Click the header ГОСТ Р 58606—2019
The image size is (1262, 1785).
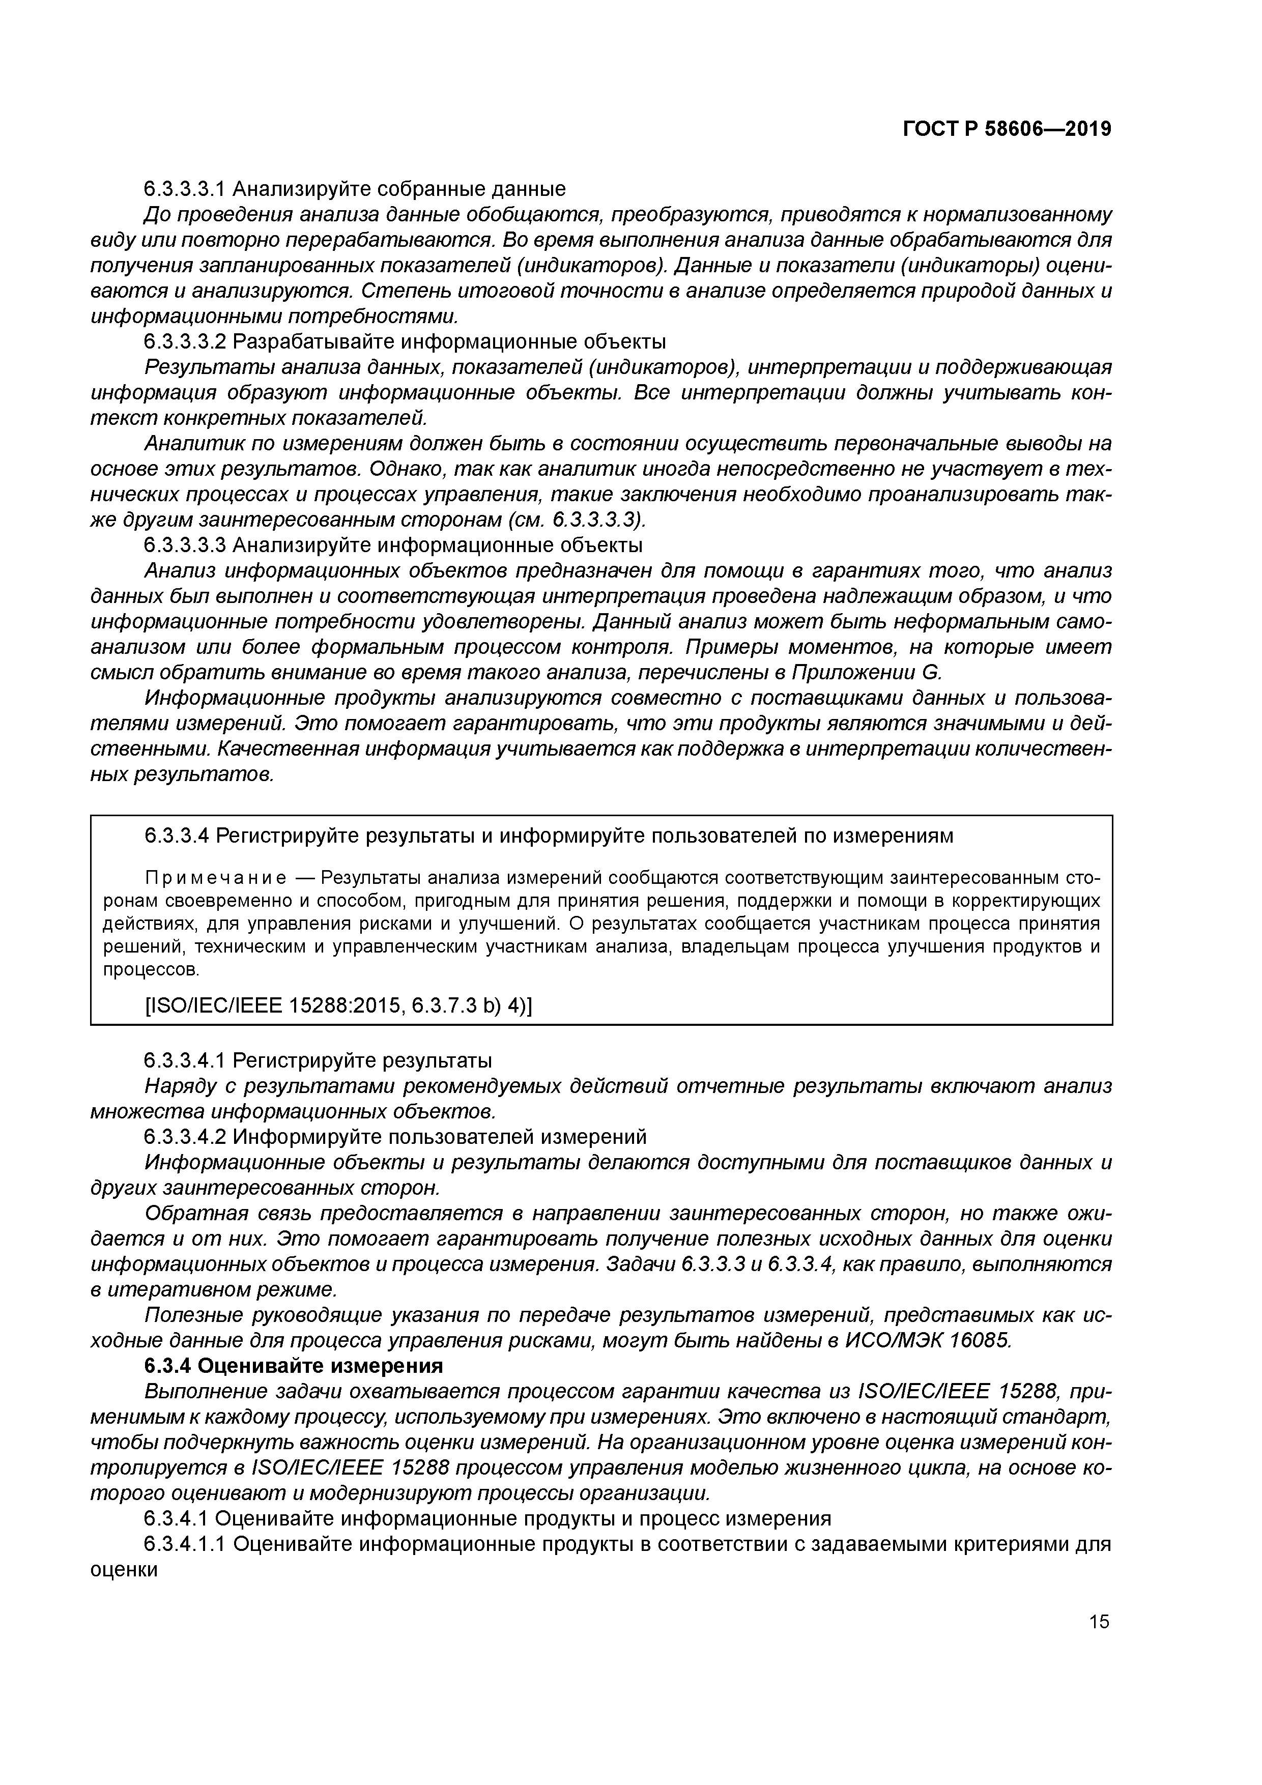pos(1007,129)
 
